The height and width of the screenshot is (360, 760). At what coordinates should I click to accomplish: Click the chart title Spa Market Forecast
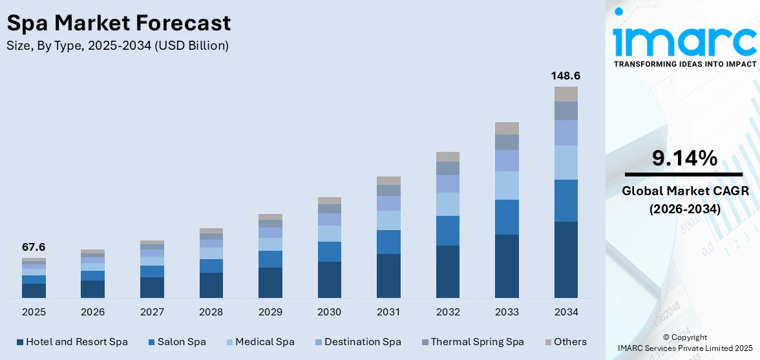(118, 23)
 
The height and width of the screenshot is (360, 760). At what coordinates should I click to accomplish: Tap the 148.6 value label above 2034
(565, 76)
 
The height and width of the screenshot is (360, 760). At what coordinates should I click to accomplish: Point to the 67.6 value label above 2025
(34, 247)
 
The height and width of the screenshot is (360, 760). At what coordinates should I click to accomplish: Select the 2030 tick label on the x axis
(329, 312)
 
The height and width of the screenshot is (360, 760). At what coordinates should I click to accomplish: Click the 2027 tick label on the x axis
(152, 312)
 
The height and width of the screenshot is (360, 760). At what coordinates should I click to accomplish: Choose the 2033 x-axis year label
(507, 312)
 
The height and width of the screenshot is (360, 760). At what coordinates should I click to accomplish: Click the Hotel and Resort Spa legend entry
(72, 342)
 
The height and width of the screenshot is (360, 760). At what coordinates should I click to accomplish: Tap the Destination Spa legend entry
(357, 342)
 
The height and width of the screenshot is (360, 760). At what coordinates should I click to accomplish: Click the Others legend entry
(565, 342)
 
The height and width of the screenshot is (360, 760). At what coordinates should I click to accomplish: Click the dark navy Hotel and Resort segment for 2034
(565, 260)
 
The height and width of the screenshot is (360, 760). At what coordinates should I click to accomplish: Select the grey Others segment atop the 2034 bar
(565, 94)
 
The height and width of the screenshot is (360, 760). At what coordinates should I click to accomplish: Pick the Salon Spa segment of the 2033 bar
(507, 217)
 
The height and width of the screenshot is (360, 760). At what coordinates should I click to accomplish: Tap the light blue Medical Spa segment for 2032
(447, 204)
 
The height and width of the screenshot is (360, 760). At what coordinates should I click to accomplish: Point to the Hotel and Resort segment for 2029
(270, 282)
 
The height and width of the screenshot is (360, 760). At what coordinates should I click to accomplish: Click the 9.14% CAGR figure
(684, 158)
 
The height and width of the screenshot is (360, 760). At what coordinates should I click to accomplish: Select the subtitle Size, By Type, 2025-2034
(117, 45)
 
